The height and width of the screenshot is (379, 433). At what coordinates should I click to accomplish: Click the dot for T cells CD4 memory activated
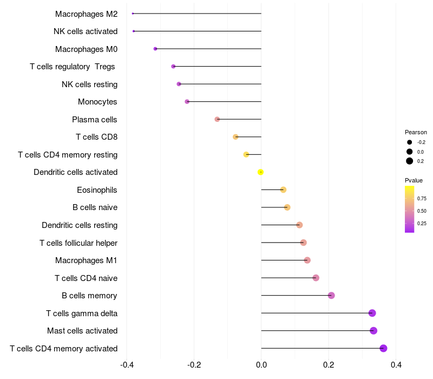(384, 348)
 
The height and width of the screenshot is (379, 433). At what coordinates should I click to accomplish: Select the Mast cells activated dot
(373, 331)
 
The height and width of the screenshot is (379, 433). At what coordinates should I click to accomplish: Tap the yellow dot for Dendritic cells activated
(261, 172)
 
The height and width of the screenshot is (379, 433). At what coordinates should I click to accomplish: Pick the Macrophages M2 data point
(133, 14)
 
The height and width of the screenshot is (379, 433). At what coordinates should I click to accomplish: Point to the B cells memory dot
(331, 296)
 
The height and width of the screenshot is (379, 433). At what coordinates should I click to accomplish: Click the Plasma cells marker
(217, 119)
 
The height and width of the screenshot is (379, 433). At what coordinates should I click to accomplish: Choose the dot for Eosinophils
(283, 190)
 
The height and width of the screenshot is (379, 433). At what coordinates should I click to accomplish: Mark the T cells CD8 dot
(235, 137)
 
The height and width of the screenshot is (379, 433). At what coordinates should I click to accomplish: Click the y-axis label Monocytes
(97, 102)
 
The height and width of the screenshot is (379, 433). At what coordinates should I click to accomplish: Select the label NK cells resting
(89, 84)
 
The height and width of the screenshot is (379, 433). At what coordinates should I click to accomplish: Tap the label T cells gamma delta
(82, 313)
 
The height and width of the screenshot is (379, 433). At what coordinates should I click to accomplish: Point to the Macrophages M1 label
(86, 260)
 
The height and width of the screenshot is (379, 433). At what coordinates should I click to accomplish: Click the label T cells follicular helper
(78, 243)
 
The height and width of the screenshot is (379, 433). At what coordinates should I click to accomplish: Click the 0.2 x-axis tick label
(329, 364)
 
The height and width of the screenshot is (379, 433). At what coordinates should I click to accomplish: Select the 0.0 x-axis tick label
(261, 364)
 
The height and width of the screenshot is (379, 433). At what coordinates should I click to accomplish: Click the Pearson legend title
(416, 132)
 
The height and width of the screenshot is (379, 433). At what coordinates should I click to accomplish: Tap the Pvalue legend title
(414, 180)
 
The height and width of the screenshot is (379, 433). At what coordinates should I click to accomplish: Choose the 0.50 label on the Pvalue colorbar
(422, 211)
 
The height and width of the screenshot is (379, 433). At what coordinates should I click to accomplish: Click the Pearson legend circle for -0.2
(410, 142)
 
